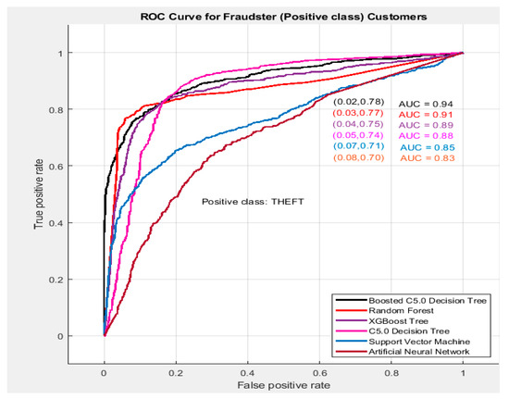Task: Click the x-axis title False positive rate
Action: click(282, 382)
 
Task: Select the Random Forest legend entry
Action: click(390, 310)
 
